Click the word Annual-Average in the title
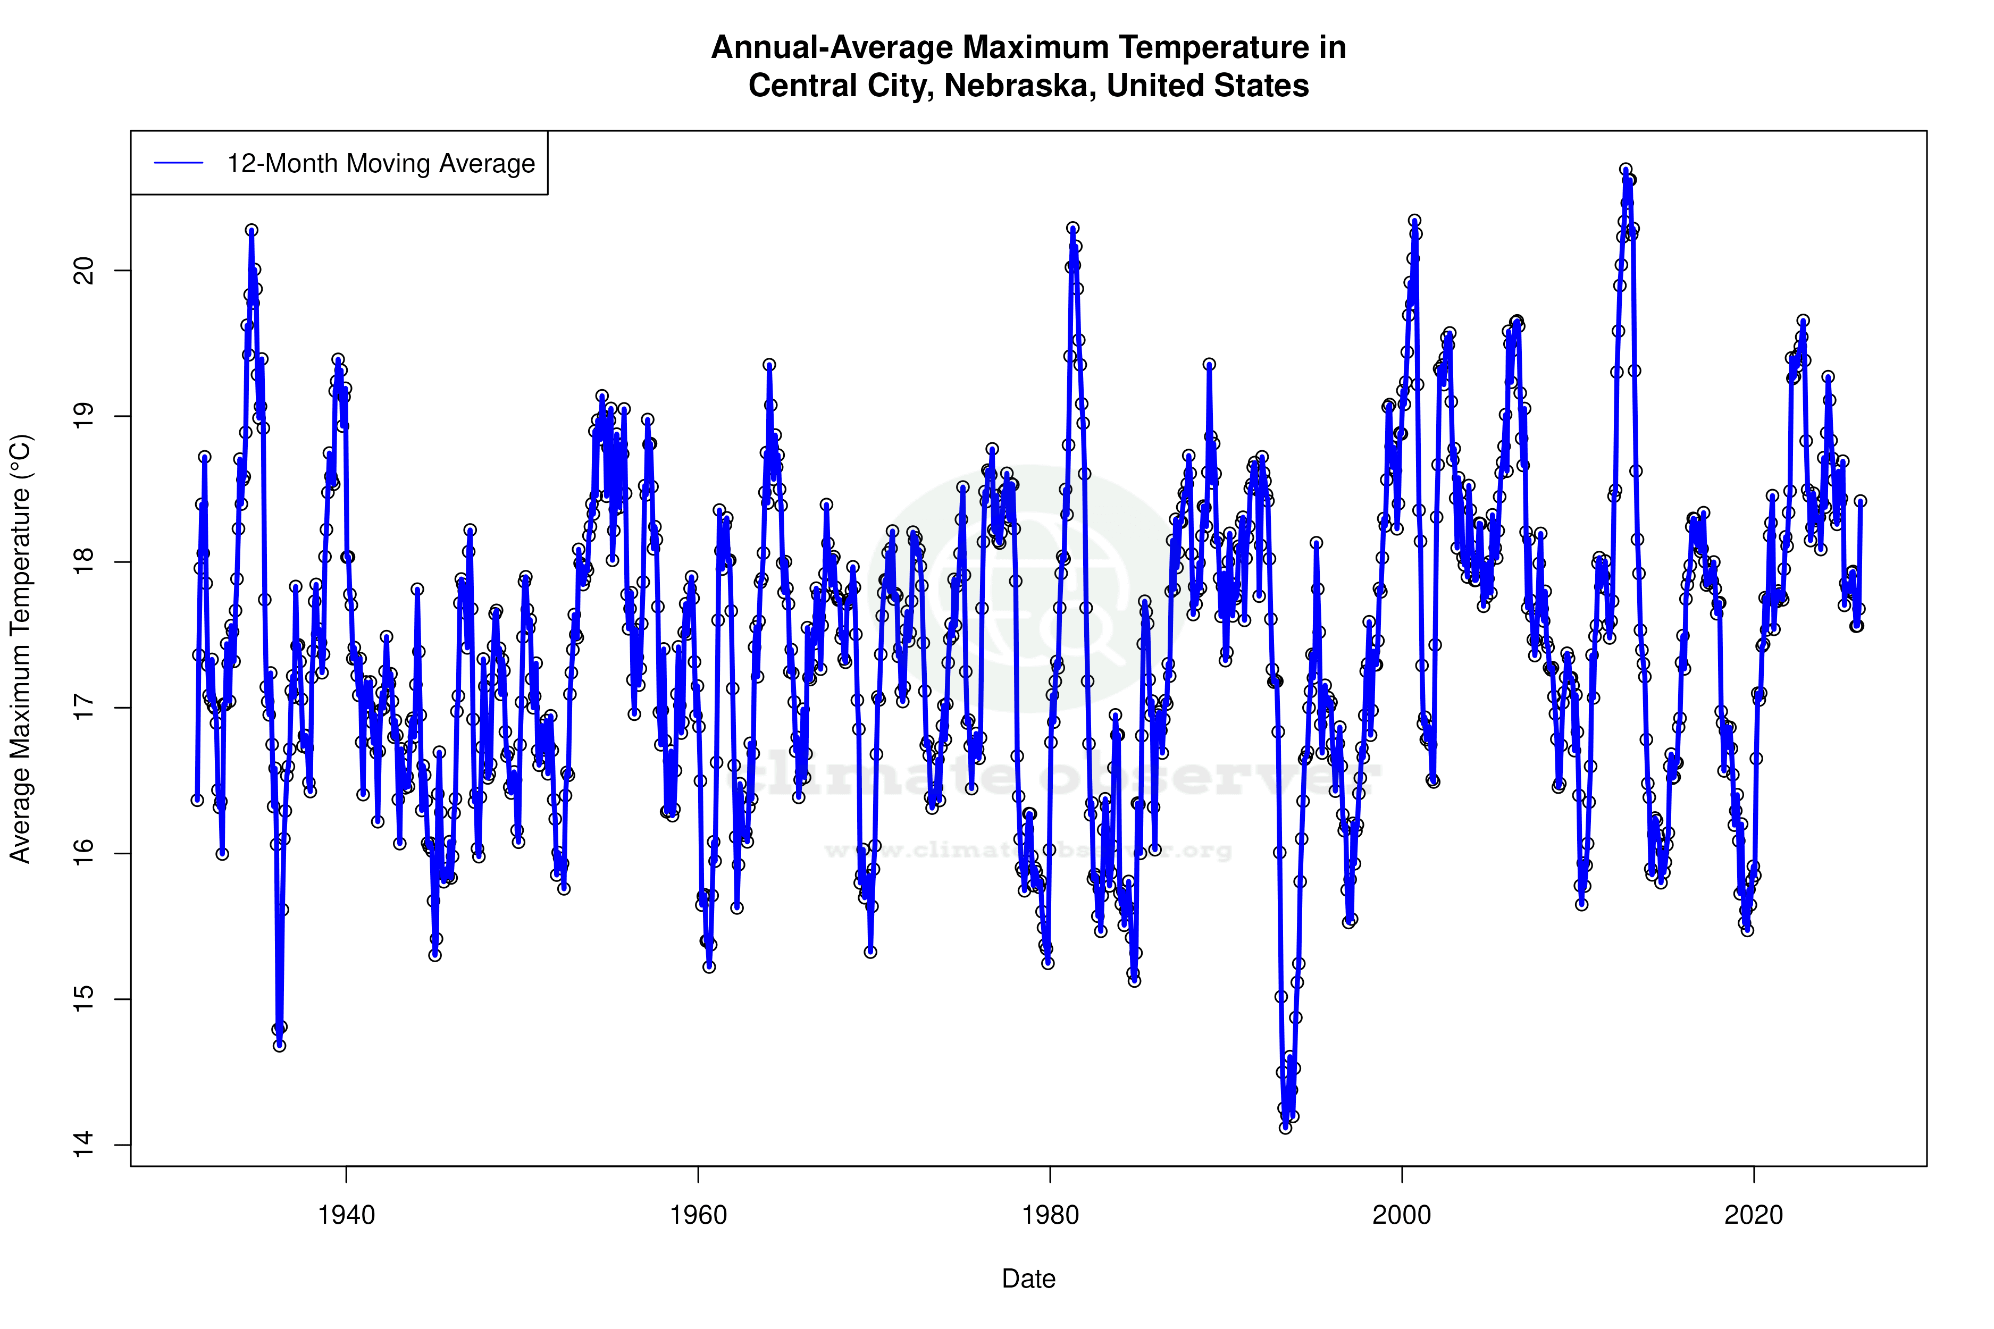832,47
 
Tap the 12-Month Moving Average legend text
381,164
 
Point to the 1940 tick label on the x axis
346,1215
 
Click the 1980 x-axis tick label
1050,1215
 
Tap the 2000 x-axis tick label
1402,1215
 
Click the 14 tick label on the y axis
85,1145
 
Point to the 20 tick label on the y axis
85,271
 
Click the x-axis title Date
1028,1279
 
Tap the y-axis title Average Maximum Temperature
20,649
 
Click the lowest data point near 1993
1285,1128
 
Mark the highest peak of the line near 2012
1625,170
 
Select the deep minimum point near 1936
280,1045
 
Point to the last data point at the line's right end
1860,501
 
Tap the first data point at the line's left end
197,800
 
